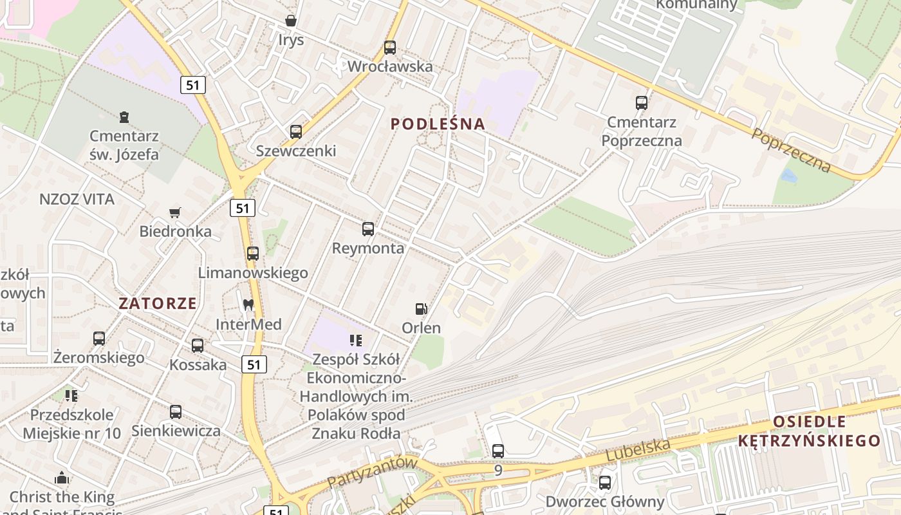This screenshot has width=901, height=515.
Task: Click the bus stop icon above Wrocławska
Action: (390, 47)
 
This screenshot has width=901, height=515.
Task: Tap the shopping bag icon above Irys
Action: (291, 21)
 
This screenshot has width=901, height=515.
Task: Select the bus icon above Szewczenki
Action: (296, 131)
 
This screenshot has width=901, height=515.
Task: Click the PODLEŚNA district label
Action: (438, 124)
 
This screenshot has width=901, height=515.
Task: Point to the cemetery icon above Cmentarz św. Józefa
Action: (124, 117)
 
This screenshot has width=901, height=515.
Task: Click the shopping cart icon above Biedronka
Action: (174, 212)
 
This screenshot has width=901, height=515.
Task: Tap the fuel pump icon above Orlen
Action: (421, 309)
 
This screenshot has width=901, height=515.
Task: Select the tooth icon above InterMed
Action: (248, 305)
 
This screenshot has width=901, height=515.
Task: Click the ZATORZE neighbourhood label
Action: (158, 303)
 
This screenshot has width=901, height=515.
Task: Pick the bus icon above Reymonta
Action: (368, 229)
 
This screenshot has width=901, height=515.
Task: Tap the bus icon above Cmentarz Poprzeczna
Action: (642, 102)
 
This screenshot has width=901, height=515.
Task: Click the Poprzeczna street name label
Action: (791, 151)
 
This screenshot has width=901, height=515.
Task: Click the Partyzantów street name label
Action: (373, 471)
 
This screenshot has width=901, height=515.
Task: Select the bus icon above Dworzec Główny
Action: (605, 482)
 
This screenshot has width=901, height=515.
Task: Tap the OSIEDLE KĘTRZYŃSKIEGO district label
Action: (810, 431)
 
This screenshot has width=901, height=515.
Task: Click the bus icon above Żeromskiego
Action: (99, 338)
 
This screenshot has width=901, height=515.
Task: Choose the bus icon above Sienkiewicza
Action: (176, 412)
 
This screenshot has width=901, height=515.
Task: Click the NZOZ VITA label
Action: (77, 200)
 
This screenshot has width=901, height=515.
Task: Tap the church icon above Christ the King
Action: (62, 478)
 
